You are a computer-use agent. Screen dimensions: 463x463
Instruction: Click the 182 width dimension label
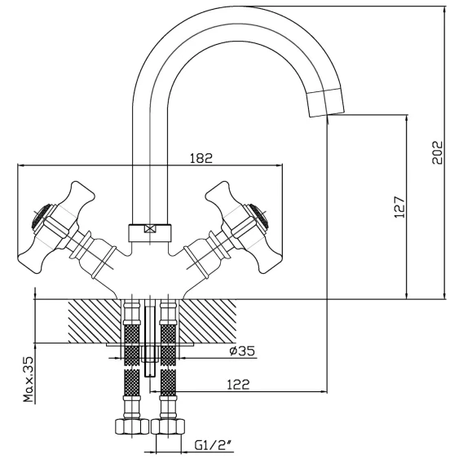[201, 158]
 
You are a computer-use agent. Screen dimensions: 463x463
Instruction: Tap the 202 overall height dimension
[437, 152]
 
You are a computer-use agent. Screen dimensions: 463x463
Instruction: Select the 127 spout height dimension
[399, 207]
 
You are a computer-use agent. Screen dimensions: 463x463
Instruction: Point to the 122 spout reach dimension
[238, 384]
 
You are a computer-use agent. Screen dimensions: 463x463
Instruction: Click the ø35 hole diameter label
[242, 351]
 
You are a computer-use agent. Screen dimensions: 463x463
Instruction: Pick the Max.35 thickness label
[29, 379]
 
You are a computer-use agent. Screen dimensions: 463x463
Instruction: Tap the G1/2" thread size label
[214, 444]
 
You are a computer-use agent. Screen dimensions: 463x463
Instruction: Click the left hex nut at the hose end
[131, 426]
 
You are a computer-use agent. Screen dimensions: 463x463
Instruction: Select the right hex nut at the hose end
[168, 426]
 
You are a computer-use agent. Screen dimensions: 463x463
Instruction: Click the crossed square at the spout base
[150, 229]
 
